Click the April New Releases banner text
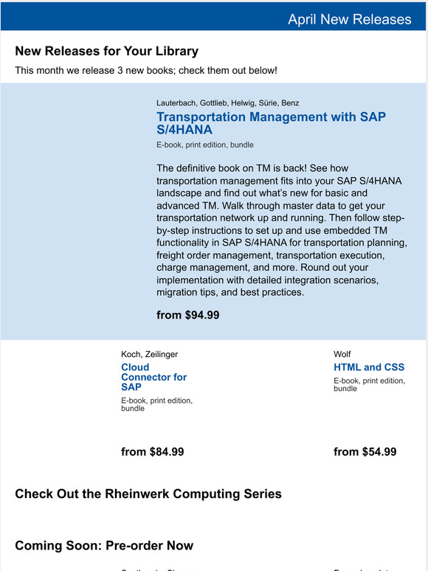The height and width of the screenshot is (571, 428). coord(349,19)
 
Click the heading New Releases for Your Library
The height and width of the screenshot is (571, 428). coord(106,51)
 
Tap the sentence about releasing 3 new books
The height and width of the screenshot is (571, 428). coord(146,71)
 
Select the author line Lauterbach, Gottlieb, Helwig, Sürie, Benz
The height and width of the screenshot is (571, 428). coord(227,103)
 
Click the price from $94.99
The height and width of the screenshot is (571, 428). coord(187,315)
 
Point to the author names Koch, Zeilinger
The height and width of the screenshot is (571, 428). coord(149,354)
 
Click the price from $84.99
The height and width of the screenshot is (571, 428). coord(152,451)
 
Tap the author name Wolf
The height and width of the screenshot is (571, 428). coord(342,354)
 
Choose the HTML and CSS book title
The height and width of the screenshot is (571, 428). coord(369,367)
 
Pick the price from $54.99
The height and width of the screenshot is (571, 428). coord(365,451)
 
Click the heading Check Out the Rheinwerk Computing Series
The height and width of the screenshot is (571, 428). coord(148,494)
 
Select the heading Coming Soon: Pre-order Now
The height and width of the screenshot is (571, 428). coord(104,546)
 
